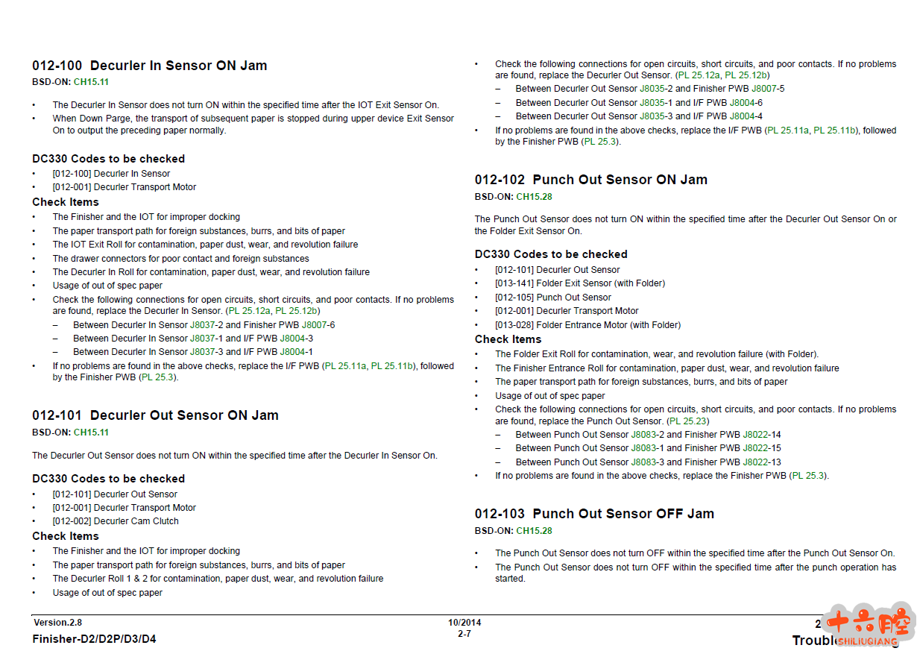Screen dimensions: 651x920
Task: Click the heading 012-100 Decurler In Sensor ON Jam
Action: point(149,66)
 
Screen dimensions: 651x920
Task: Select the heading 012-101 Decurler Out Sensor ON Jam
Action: point(155,415)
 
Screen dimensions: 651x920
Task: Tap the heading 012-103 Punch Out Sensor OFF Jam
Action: point(594,514)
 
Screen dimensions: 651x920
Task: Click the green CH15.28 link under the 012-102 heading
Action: point(534,197)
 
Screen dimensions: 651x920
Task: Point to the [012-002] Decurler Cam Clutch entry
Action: point(116,521)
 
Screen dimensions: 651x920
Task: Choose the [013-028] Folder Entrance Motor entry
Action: point(587,325)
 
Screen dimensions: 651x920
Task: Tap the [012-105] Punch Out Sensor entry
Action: point(553,298)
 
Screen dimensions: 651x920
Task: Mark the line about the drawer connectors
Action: point(180,259)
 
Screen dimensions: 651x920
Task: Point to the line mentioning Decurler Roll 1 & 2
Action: point(218,579)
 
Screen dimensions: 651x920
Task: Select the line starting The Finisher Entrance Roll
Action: point(667,368)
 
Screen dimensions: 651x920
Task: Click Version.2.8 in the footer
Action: point(57,623)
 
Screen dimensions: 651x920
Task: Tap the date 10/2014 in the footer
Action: point(464,623)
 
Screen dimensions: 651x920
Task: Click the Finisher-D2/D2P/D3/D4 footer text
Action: point(94,639)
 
